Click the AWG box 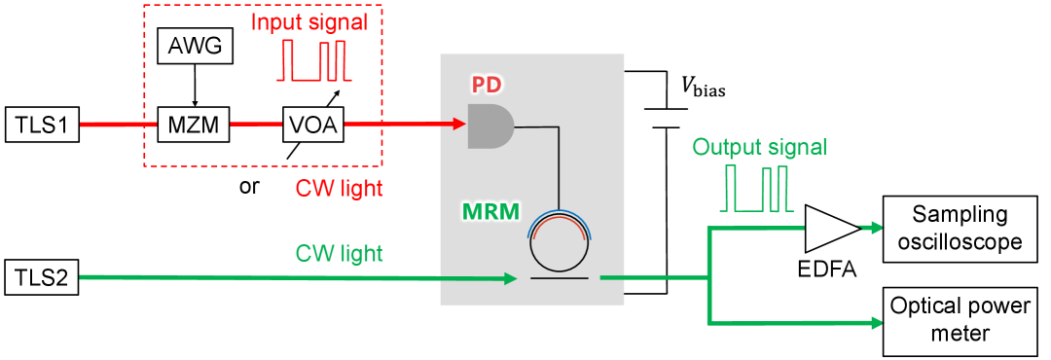point(195,46)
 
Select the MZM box point(194,125)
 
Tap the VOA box point(314,125)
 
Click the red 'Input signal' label point(310,21)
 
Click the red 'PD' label point(487,86)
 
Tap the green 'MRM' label point(489,212)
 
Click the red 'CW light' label point(339,188)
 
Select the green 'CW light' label point(339,254)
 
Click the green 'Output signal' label point(759,147)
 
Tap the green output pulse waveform point(758,189)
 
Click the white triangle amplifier point(827,229)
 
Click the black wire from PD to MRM point(559,165)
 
